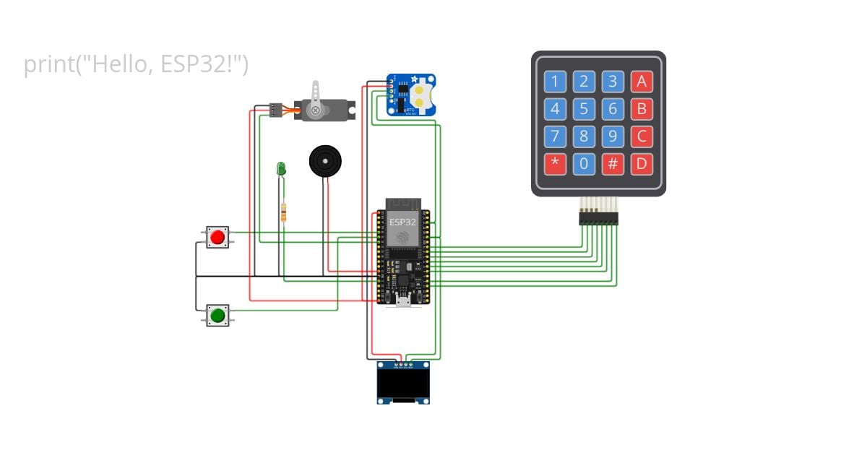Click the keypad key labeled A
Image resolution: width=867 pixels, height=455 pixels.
[x=642, y=82]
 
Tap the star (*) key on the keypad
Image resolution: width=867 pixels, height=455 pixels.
[x=555, y=163]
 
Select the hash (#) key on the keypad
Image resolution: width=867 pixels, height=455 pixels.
[x=613, y=163]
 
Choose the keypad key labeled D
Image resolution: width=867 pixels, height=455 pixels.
[x=642, y=163]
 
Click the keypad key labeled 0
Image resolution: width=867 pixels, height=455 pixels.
[x=584, y=163]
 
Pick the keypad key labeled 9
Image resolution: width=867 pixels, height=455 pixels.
[x=613, y=136]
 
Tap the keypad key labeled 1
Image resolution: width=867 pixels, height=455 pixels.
[x=555, y=82]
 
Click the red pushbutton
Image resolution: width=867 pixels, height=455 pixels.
[x=217, y=237]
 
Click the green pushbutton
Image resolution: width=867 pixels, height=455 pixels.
[x=217, y=315]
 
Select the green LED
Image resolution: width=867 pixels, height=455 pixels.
[x=281, y=169]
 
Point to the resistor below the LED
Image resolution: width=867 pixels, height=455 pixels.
[x=283, y=212]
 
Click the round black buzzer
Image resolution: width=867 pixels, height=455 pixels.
[x=324, y=161]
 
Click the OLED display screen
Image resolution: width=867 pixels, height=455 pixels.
[x=403, y=383]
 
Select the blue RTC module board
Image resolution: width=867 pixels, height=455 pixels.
[x=411, y=95]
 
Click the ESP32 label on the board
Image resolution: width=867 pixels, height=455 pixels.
[x=402, y=222]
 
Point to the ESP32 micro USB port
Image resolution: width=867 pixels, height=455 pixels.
[x=402, y=300]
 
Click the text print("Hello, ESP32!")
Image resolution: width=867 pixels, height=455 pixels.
[x=136, y=65]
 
